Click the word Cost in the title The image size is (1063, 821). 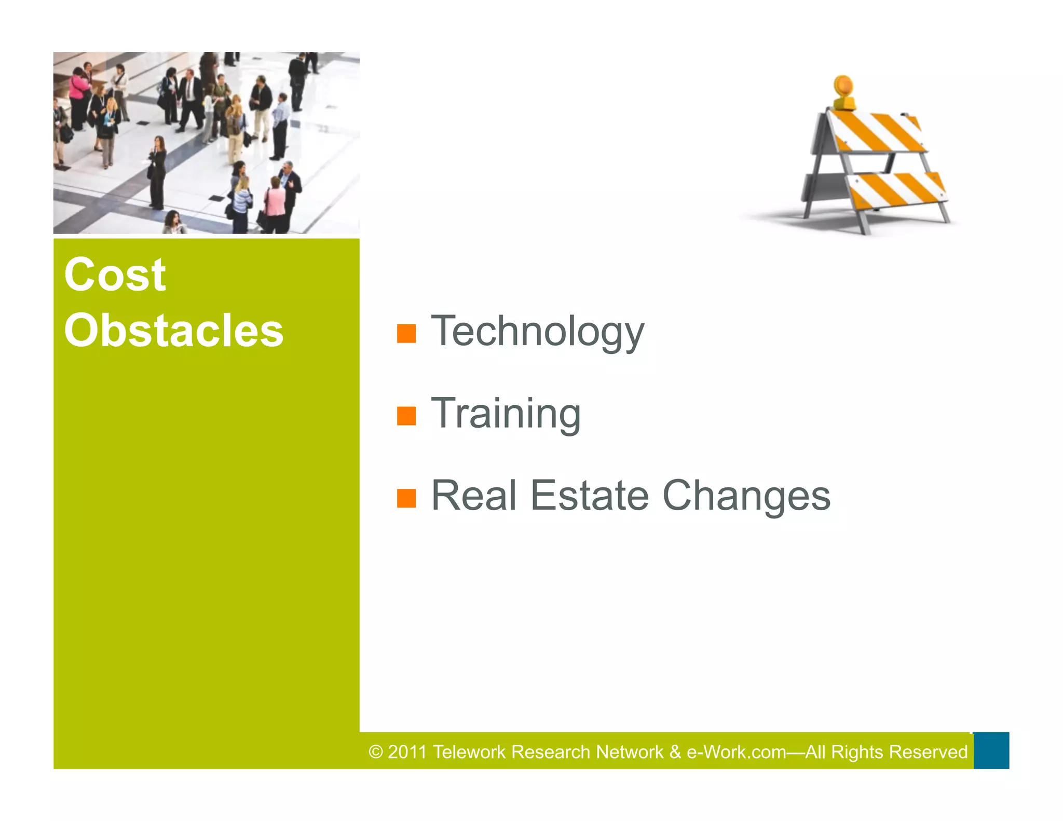pyautogui.click(x=115, y=275)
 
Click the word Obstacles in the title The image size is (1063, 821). pyautogui.click(x=173, y=331)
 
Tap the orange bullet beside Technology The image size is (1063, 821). pyautogui.click(x=406, y=334)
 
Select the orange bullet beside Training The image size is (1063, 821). pyautogui.click(x=406, y=416)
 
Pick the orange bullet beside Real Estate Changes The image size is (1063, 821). pyautogui.click(x=406, y=498)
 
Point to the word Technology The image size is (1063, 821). pyautogui.click(x=537, y=332)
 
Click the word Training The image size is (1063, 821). pyautogui.click(x=506, y=414)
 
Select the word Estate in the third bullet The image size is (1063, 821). pyautogui.click(x=590, y=496)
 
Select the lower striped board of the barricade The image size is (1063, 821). pyautogui.click(x=897, y=190)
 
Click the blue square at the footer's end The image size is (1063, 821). pyautogui.click(x=991, y=750)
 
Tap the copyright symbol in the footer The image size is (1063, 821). pyautogui.click(x=376, y=752)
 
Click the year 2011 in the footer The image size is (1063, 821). pyautogui.click(x=407, y=752)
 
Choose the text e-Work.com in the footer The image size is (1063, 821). pyautogui.click(x=736, y=752)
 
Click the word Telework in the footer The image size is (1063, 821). pyautogui.click(x=469, y=752)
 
